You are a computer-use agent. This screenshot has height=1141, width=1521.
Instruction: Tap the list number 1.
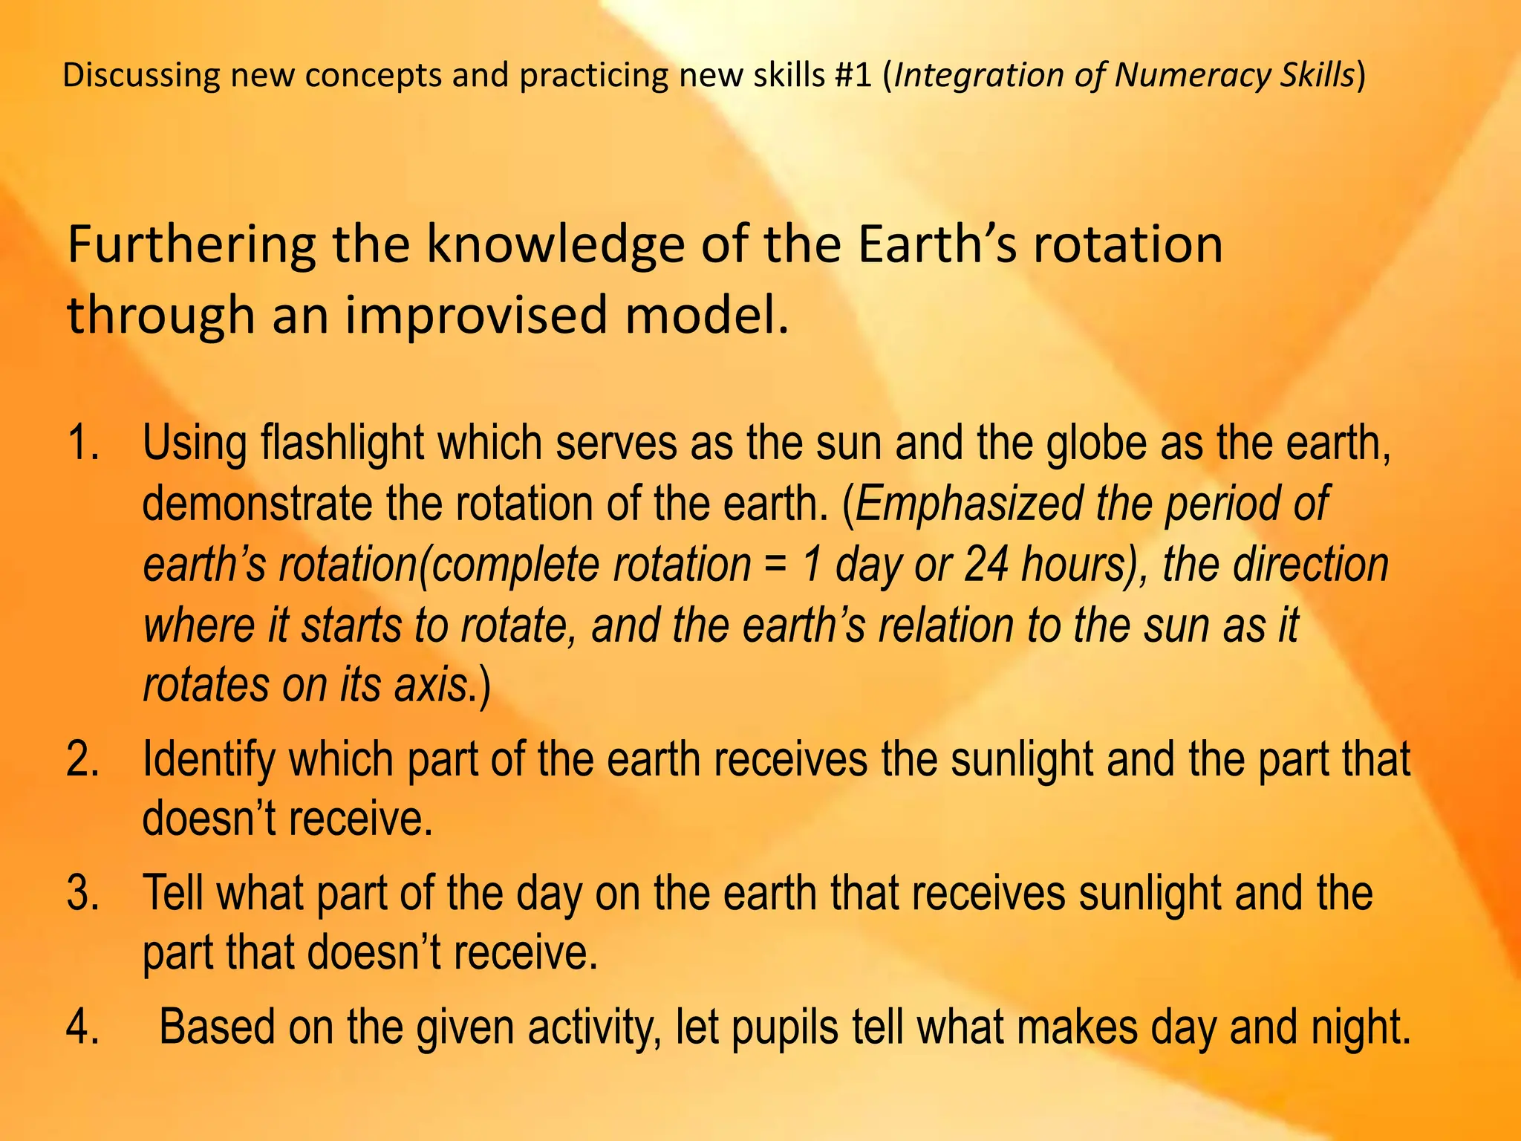[x=82, y=443]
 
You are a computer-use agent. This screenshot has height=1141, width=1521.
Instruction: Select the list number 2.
[x=82, y=760]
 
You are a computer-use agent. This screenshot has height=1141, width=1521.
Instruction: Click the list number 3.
[x=82, y=894]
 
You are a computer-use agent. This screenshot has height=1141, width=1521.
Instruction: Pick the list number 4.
[x=82, y=1028]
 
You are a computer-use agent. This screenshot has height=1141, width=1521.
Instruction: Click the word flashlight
[x=342, y=443]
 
